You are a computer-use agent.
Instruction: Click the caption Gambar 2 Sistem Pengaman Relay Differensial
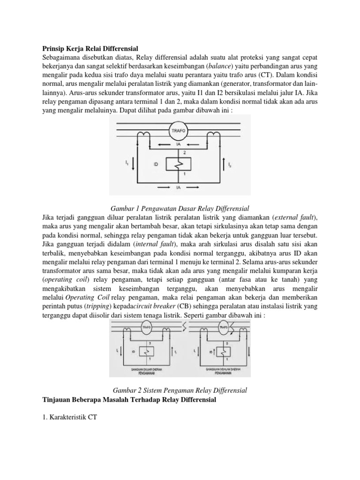coord(180,390)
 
